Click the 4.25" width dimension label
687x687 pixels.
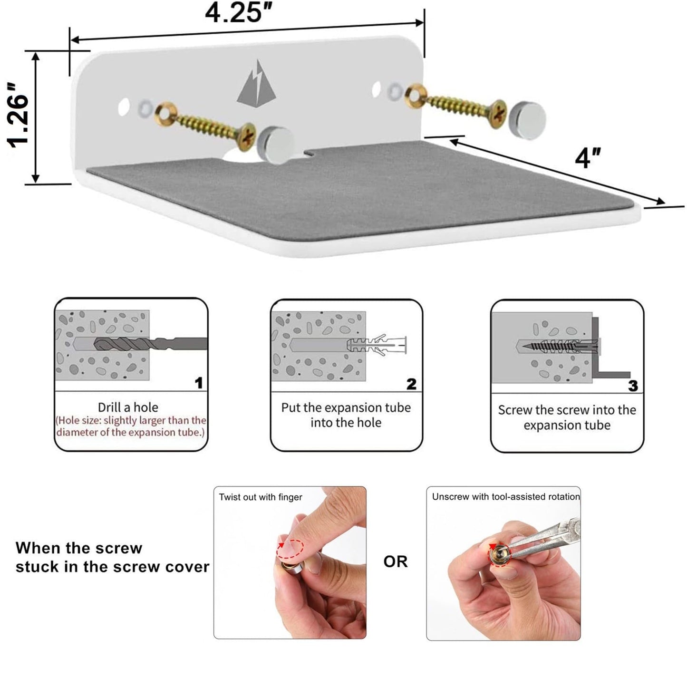(239, 12)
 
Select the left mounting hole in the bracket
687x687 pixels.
(124, 107)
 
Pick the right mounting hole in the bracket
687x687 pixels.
(376, 89)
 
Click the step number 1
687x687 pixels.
(199, 383)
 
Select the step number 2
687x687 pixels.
(411, 384)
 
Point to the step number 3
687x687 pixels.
(633, 386)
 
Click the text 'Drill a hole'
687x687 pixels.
(128, 407)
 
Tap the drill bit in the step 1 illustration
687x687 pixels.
(150, 344)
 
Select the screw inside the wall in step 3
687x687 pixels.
(552, 346)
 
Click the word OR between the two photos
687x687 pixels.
(396, 561)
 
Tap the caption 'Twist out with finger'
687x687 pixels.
(260, 497)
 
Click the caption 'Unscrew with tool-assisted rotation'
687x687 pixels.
(506, 497)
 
